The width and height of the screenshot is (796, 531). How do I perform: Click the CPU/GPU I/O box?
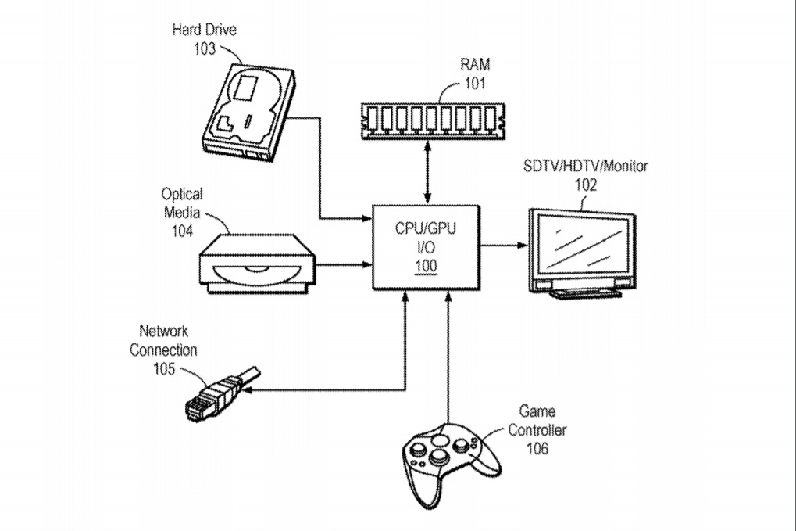point(426,246)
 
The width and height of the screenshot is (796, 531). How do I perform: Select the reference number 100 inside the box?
point(426,266)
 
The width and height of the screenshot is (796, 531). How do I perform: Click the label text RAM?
point(474,65)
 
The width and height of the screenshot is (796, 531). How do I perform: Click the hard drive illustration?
point(248,113)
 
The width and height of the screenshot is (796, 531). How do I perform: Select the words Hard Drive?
point(204,30)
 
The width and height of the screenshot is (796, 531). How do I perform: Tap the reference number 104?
point(181,231)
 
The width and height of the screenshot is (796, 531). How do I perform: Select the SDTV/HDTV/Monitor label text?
point(585,167)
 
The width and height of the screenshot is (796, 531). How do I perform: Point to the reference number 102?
point(585,185)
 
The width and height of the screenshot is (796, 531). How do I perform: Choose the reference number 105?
point(164,368)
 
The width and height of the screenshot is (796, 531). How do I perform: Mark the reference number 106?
point(537,448)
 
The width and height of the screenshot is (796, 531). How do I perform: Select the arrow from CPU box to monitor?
point(504,246)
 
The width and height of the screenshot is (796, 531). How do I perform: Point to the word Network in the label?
point(164,332)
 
